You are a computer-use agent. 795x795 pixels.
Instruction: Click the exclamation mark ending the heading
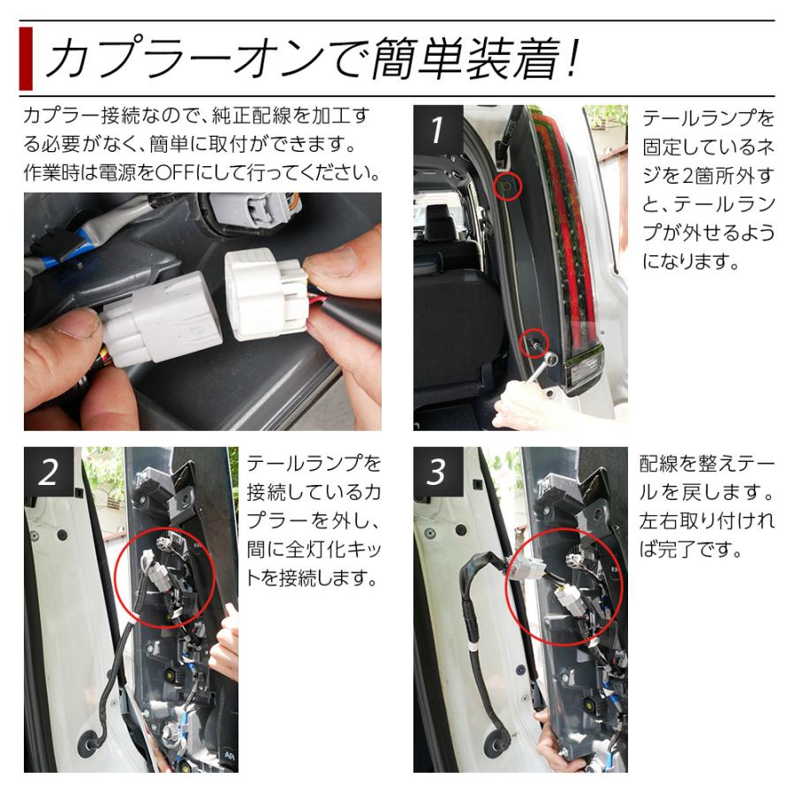tap(572, 58)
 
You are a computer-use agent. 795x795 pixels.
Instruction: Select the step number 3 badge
tap(435, 472)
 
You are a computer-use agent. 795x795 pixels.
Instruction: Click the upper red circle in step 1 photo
tap(507, 185)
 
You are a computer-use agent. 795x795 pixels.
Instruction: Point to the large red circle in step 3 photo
tap(564, 590)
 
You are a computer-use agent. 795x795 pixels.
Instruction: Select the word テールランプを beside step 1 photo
tap(708, 118)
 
